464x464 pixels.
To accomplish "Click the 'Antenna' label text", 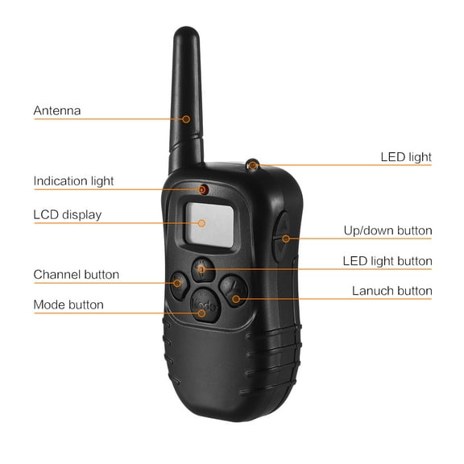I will click(57, 110).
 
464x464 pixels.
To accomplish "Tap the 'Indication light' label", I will click(74, 181).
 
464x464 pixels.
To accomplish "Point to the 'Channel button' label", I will click(77, 275).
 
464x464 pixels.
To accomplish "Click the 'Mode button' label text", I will click(68, 304).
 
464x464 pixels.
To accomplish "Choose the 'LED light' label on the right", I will click(406, 157).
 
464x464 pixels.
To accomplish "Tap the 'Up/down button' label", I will click(387, 230).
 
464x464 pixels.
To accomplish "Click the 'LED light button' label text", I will click(387, 261).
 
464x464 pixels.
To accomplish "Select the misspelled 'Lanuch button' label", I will click(392, 291).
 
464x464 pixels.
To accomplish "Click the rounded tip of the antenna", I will click(185, 36).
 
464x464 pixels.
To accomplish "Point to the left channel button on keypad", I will click(180, 282).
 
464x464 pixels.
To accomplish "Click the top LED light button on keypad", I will click(202, 267).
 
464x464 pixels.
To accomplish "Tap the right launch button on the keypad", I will click(234, 288).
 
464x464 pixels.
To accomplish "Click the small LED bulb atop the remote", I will click(253, 166).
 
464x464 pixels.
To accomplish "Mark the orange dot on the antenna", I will click(186, 119).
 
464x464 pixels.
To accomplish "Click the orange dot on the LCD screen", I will click(204, 222).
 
